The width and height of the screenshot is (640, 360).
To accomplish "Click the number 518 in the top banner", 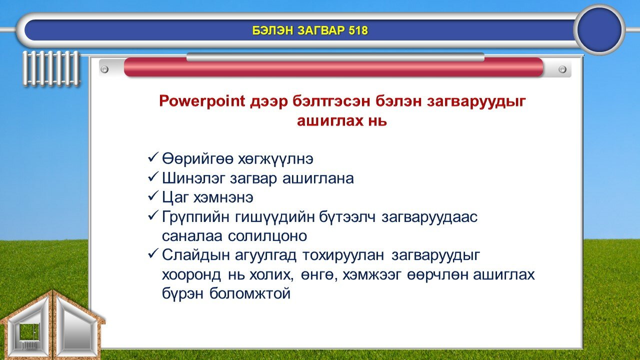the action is (x=358, y=30).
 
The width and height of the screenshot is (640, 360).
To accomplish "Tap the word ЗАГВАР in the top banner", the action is (x=320, y=30).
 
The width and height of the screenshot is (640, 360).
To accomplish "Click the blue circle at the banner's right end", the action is (x=599, y=29).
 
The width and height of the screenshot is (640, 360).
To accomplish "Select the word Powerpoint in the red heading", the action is (x=202, y=101).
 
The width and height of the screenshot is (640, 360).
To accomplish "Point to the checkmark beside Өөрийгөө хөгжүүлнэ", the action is (x=153, y=157).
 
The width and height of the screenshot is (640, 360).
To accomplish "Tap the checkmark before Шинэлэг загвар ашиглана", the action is (x=153, y=177).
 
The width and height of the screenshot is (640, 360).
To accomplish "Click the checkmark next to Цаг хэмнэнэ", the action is (x=153, y=196).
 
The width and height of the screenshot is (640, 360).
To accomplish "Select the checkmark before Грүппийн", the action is (x=153, y=215).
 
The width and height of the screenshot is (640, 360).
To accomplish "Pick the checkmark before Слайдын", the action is (x=153, y=254).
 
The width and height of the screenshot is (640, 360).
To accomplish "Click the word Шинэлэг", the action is (x=193, y=178).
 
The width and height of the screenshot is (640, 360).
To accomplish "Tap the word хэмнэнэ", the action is (x=223, y=197).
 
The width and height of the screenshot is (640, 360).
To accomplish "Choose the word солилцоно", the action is (x=267, y=236).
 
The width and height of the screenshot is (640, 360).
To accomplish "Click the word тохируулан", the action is (x=343, y=255).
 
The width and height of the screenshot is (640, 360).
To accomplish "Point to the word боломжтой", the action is (x=250, y=293).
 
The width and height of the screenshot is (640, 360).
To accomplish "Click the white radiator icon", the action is (x=51, y=68).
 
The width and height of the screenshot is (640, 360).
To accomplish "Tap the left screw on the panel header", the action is (x=104, y=69).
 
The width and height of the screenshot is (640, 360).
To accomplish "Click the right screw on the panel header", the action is (x=562, y=69).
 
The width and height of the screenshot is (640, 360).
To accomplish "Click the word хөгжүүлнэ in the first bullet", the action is (x=275, y=159).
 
